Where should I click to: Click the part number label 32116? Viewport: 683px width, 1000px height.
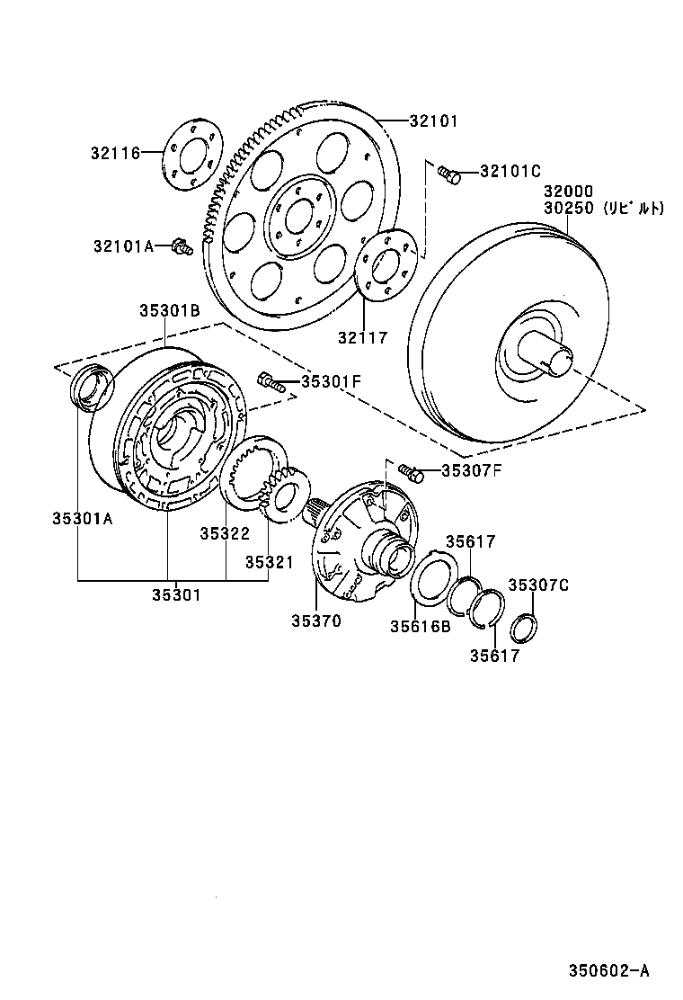click(114, 153)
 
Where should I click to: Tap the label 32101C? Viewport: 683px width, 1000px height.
click(510, 171)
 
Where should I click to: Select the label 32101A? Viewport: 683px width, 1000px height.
click(123, 245)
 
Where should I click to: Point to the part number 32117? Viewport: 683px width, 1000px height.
click(362, 337)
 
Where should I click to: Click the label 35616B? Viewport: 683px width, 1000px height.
click(421, 627)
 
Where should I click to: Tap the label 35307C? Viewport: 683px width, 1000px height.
click(538, 585)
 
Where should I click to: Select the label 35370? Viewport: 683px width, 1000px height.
click(315, 621)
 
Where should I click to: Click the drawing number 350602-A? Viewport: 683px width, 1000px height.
click(608, 970)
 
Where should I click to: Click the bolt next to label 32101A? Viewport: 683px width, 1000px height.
click(182, 245)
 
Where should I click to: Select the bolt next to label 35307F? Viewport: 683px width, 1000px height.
click(410, 471)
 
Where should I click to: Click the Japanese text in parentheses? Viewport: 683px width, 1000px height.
click(633, 208)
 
